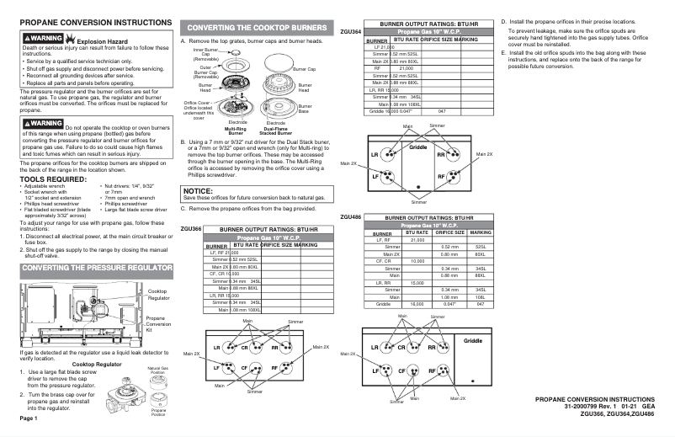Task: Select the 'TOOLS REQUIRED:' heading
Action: coord(50,179)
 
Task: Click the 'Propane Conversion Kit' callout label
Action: coord(158,324)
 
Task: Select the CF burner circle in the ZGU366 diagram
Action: coord(246,368)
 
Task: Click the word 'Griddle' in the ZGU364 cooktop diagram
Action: coord(418,147)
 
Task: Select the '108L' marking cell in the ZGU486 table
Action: coord(481,296)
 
